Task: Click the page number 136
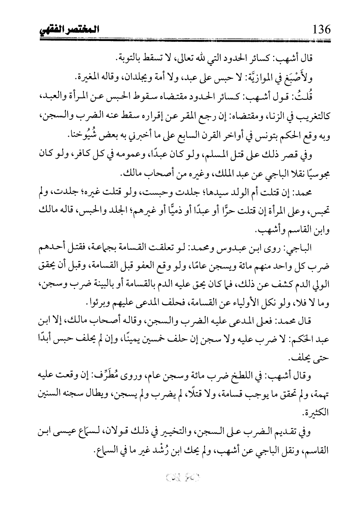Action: [x=321, y=30]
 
